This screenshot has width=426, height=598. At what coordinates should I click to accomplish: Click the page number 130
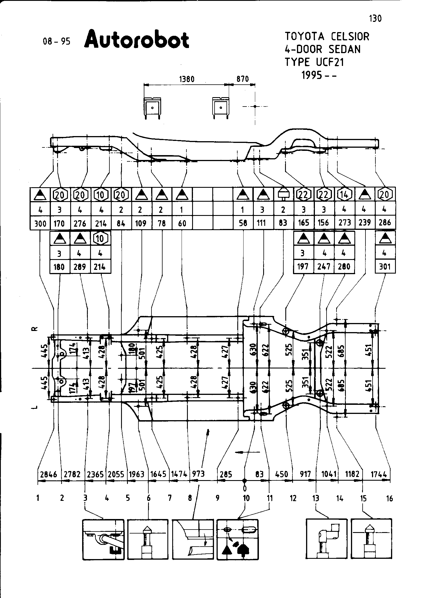(375, 19)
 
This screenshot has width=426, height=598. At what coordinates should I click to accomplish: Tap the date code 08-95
(56, 42)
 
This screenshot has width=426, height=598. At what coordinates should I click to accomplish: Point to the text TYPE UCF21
(314, 62)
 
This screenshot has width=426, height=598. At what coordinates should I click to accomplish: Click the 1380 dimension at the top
(187, 79)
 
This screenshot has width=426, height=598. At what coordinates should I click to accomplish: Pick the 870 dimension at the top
(242, 79)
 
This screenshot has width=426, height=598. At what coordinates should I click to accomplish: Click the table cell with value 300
(40, 223)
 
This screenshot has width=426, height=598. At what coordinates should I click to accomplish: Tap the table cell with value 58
(243, 223)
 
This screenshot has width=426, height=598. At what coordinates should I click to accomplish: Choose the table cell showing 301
(385, 267)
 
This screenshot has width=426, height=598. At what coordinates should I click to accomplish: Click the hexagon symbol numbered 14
(345, 195)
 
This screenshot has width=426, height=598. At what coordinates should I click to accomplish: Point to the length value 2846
(49, 474)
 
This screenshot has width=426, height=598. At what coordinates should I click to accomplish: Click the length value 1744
(380, 474)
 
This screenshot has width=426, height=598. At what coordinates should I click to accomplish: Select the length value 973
(198, 474)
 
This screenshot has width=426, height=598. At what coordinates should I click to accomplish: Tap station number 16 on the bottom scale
(389, 498)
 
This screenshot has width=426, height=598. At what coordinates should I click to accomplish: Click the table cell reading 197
(303, 267)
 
